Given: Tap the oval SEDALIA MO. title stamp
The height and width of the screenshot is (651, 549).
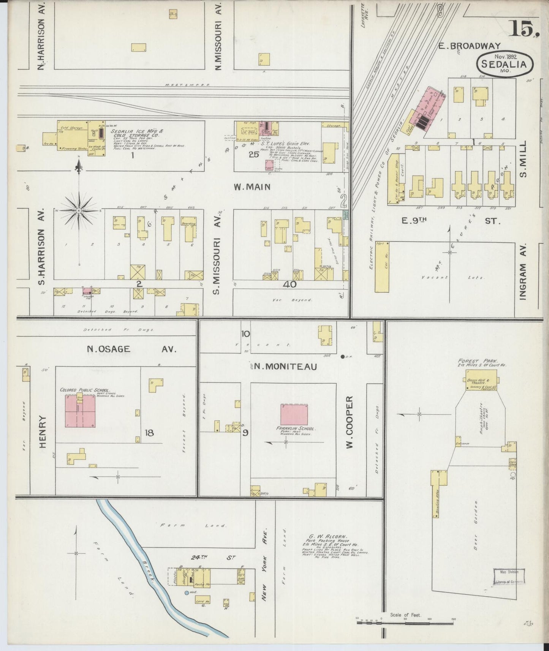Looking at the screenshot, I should pyautogui.click(x=505, y=64).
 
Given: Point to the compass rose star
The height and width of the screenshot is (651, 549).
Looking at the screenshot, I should pyautogui.click(x=79, y=210).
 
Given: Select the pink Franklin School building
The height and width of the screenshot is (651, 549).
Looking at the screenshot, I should pyautogui.click(x=295, y=414).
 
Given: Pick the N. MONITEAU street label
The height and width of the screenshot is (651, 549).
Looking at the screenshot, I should pyautogui.click(x=286, y=366).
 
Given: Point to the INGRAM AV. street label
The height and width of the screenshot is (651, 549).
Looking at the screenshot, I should pyautogui.click(x=523, y=272).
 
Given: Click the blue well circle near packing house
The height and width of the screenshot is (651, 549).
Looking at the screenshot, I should pyautogui.click(x=186, y=592).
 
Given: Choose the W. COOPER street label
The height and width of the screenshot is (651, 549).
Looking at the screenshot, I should pyautogui.click(x=350, y=422).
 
